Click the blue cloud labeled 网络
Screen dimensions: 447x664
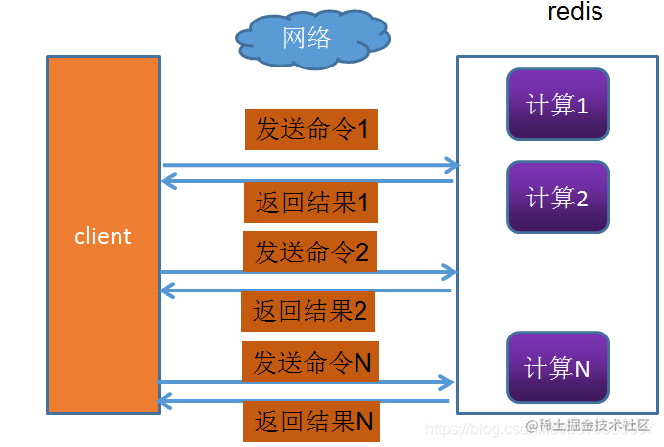pyautogui.click(x=310, y=39)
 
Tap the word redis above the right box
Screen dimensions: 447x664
pyautogui.click(x=575, y=12)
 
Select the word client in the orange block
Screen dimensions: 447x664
pyautogui.click(x=103, y=236)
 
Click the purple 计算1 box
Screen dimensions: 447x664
pyautogui.click(x=557, y=105)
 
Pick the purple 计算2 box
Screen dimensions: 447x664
pyautogui.click(x=557, y=197)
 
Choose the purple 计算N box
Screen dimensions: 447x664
pyautogui.click(x=557, y=368)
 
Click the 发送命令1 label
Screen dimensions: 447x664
pyautogui.click(x=310, y=129)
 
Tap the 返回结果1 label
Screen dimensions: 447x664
pyautogui.click(x=310, y=203)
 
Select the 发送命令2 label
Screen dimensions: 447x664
pyautogui.click(x=310, y=252)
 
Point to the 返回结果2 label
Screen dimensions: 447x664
pyautogui.click(x=308, y=312)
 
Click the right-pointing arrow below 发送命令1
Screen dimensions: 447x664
pyautogui.click(x=309, y=165)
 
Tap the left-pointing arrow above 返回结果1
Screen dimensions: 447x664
pyautogui.click(x=308, y=180)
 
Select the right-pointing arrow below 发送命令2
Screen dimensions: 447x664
pyautogui.click(x=308, y=271)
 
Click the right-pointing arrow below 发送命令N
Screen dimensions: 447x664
pyautogui.click(x=306, y=382)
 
